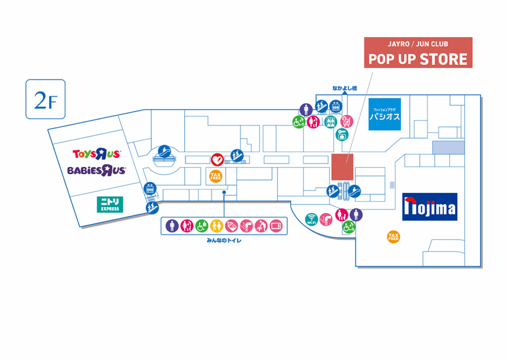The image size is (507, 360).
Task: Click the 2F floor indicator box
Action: (46, 99)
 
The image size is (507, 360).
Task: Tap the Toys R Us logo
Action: (96, 154)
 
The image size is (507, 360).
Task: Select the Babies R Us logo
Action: (97, 170)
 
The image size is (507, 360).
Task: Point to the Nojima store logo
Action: (429, 206)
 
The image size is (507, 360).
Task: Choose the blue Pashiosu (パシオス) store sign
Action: (384, 115)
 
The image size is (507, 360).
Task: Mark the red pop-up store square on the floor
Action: (342, 167)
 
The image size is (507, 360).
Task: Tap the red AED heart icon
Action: (217, 159)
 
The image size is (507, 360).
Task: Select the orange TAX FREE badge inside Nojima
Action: (393, 237)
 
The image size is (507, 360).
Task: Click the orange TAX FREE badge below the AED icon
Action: (216, 176)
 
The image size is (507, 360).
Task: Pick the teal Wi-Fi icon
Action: (311, 219)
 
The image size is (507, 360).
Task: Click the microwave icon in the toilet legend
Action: (276, 226)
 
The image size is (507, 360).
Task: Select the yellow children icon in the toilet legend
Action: (216, 226)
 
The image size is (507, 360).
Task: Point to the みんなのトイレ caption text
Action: (223, 241)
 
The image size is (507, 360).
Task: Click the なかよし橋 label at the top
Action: (345, 89)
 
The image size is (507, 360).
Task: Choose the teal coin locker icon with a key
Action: (342, 134)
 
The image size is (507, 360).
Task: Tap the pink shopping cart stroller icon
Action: (348, 120)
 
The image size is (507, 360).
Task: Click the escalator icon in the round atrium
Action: (165, 152)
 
